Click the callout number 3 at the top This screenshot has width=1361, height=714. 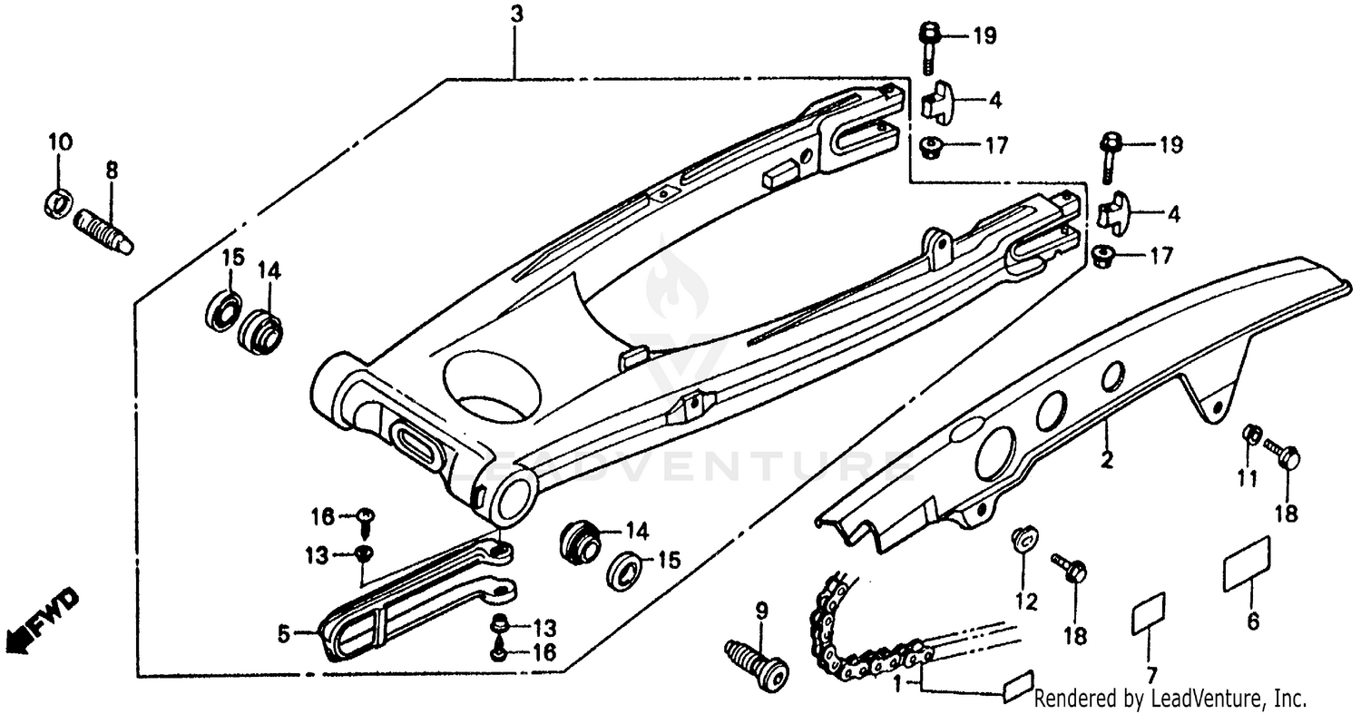coord(516,15)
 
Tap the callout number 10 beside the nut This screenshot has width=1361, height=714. coord(61,142)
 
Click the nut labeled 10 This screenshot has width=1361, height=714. coord(57,204)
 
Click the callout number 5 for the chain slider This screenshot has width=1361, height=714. coord(284,635)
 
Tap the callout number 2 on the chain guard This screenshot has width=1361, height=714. coord(1106,459)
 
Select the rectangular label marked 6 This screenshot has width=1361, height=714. coord(1247,562)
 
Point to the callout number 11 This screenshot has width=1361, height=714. coord(1248,478)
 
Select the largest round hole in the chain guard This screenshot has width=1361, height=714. coord(995,452)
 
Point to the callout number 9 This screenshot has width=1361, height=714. coord(761,611)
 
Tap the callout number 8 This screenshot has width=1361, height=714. coord(112,170)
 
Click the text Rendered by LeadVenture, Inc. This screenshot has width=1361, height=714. coord(1170,699)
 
